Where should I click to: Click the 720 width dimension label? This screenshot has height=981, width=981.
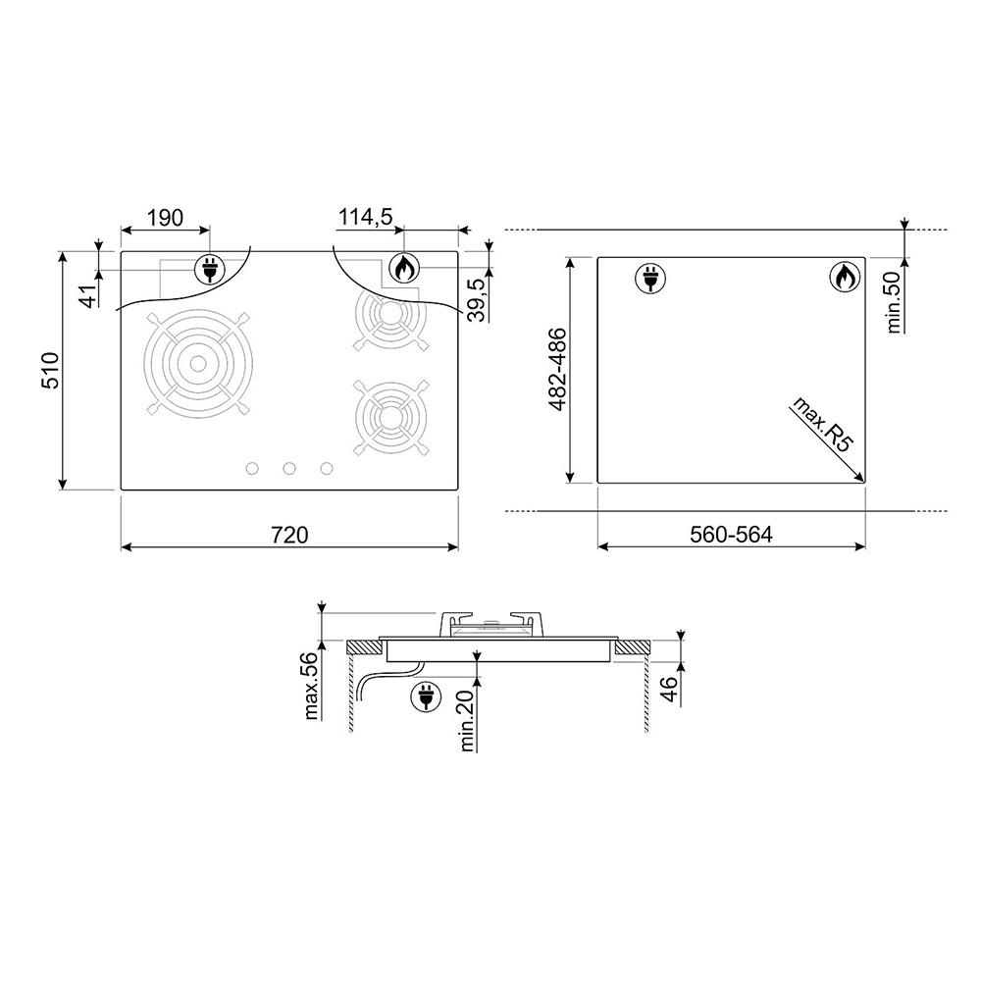[289, 535]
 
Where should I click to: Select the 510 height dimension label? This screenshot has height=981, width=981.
[50, 371]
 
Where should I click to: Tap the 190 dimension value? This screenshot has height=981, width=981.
[165, 218]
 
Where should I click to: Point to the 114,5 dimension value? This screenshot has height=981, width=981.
[365, 217]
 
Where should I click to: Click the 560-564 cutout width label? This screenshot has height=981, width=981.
[731, 535]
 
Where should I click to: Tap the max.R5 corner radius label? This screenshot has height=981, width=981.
[823, 424]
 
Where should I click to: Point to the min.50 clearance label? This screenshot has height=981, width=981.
[894, 302]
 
